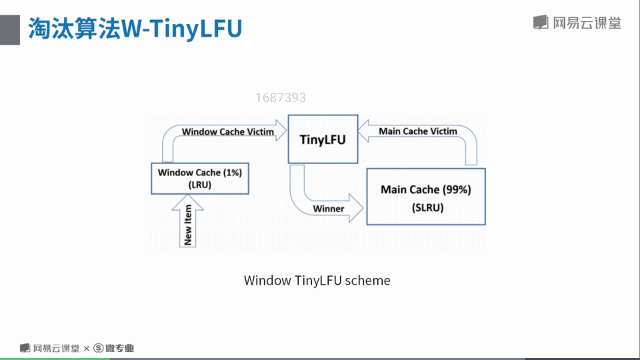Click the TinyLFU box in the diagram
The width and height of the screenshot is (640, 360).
click(x=323, y=139)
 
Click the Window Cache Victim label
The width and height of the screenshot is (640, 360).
click(x=228, y=132)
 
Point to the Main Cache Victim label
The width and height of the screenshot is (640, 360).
click(x=418, y=131)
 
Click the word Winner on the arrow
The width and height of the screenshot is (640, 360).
click(x=328, y=209)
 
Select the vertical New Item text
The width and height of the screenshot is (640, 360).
click(x=188, y=225)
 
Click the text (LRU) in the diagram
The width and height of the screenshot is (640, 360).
click(x=200, y=185)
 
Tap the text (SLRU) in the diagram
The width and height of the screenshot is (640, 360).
click(x=427, y=208)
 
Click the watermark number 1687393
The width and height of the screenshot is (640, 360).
click(x=280, y=98)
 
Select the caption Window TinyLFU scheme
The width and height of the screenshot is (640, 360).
click(x=317, y=280)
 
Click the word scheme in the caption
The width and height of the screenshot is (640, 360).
click(x=367, y=280)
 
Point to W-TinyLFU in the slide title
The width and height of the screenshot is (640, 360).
click(x=182, y=29)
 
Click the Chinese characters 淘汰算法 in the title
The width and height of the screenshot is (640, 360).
click(x=74, y=29)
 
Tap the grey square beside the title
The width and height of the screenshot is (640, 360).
click(x=10, y=30)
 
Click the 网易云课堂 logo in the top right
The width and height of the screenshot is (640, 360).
click(x=577, y=23)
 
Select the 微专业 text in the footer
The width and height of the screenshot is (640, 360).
click(x=120, y=348)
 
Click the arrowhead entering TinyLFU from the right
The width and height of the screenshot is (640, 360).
click(x=364, y=131)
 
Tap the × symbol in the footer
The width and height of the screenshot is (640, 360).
click(x=87, y=349)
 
